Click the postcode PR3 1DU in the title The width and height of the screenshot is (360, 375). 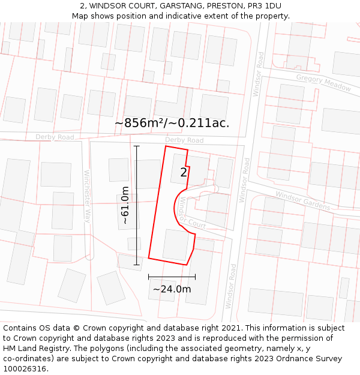pyautogui.click(x=265, y=5)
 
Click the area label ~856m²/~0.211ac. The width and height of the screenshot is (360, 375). pyautogui.click(x=172, y=123)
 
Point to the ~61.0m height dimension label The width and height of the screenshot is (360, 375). pyautogui.click(x=125, y=205)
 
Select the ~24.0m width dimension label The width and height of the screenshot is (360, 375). pyautogui.click(x=172, y=289)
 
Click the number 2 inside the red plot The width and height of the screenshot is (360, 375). pyautogui.click(x=184, y=173)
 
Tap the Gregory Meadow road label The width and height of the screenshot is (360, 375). pyautogui.click(x=323, y=83)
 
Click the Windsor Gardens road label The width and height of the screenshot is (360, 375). pyautogui.click(x=302, y=200)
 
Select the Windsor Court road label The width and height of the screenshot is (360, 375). pyautogui.click(x=191, y=217)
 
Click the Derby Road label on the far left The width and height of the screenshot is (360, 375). pyautogui.click(x=55, y=137)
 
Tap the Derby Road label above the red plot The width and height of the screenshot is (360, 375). pyautogui.click(x=184, y=140)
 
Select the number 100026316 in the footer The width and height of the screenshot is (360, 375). pyautogui.click(x=23, y=368)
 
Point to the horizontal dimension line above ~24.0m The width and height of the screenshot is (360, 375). pyautogui.click(x=172, y=277)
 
